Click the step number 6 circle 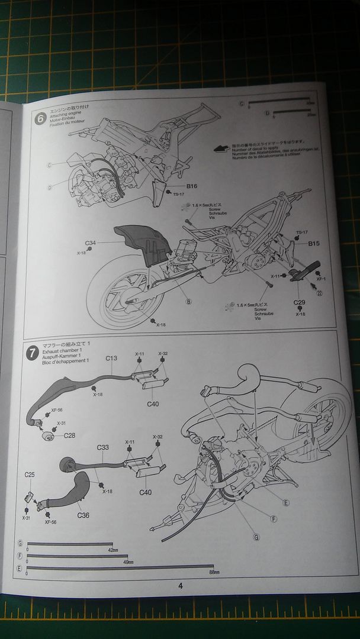coord(40,118)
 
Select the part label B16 coord(181,186)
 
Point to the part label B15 coord(313,243)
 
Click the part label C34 coord(90,243)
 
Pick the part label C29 coord(300,302)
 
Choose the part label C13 coord(111,358)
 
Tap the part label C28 coord(70,435)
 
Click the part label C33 coord(102,447)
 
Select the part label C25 coord(30,475)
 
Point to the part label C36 coord(83,515)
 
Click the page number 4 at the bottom coord(180,586)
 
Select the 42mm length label coord(112,550)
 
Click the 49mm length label coord(127,561)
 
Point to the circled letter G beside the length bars coord(20,543)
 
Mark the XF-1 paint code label coord(322,278)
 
